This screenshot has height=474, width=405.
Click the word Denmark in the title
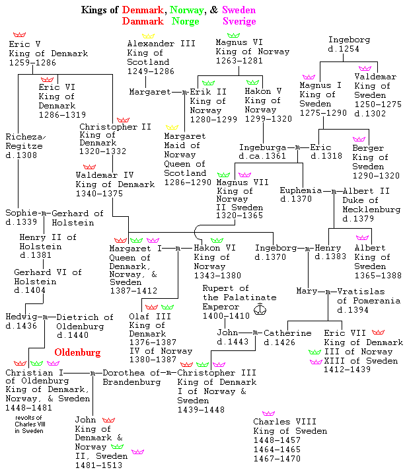click(145, 10)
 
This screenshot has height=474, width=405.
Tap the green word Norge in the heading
click(186, 21)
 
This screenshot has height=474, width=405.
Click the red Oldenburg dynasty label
click(77, 352)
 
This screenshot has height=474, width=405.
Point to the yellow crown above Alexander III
click(148, 35)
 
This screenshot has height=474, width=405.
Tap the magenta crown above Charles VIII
click(268, 414)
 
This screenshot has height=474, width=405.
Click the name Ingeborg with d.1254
click(349, 40)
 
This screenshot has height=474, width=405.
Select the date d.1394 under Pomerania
click(353, 310)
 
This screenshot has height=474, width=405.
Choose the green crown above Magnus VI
click(233, 35)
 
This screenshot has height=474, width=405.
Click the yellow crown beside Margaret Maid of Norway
click(172, 126)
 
